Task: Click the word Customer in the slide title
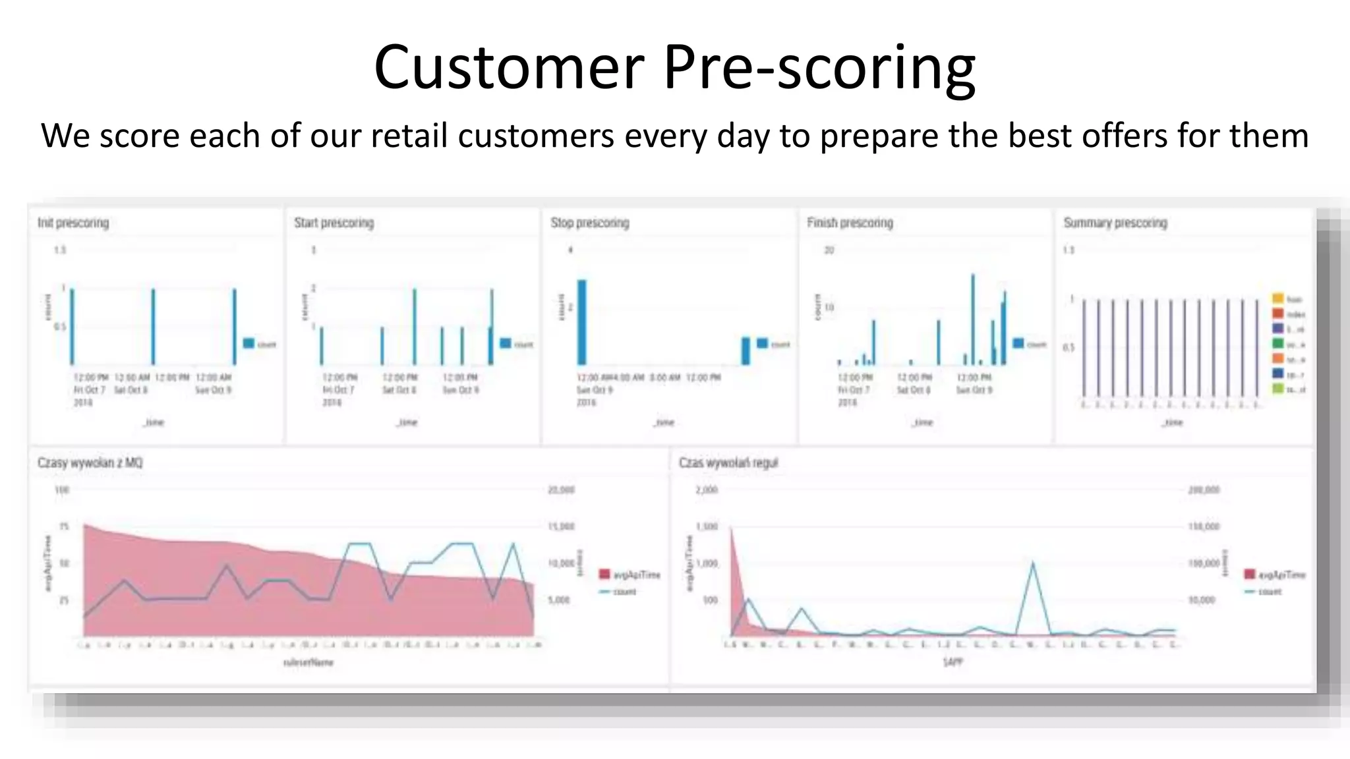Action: [508, 68]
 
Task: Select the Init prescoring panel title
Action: [73, 223]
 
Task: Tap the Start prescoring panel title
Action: [334, 223]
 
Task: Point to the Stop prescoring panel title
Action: [590, 223]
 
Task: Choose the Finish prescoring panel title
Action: [850, 223]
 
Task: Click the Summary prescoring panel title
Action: [1115, 223]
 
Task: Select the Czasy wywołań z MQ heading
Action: [90, 463]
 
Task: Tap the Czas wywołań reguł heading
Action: [728, 463]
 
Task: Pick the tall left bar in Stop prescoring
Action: [581, 322]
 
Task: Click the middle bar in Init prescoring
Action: [153, 326]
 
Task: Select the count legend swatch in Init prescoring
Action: [249, 343]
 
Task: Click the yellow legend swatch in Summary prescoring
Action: [1277, 299]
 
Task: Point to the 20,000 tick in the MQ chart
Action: [561, 490]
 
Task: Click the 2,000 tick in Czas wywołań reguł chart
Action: [707, 490]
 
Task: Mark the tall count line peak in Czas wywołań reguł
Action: [1032, 563]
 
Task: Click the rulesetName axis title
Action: [308, 662]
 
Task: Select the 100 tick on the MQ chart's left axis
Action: [62, 490]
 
